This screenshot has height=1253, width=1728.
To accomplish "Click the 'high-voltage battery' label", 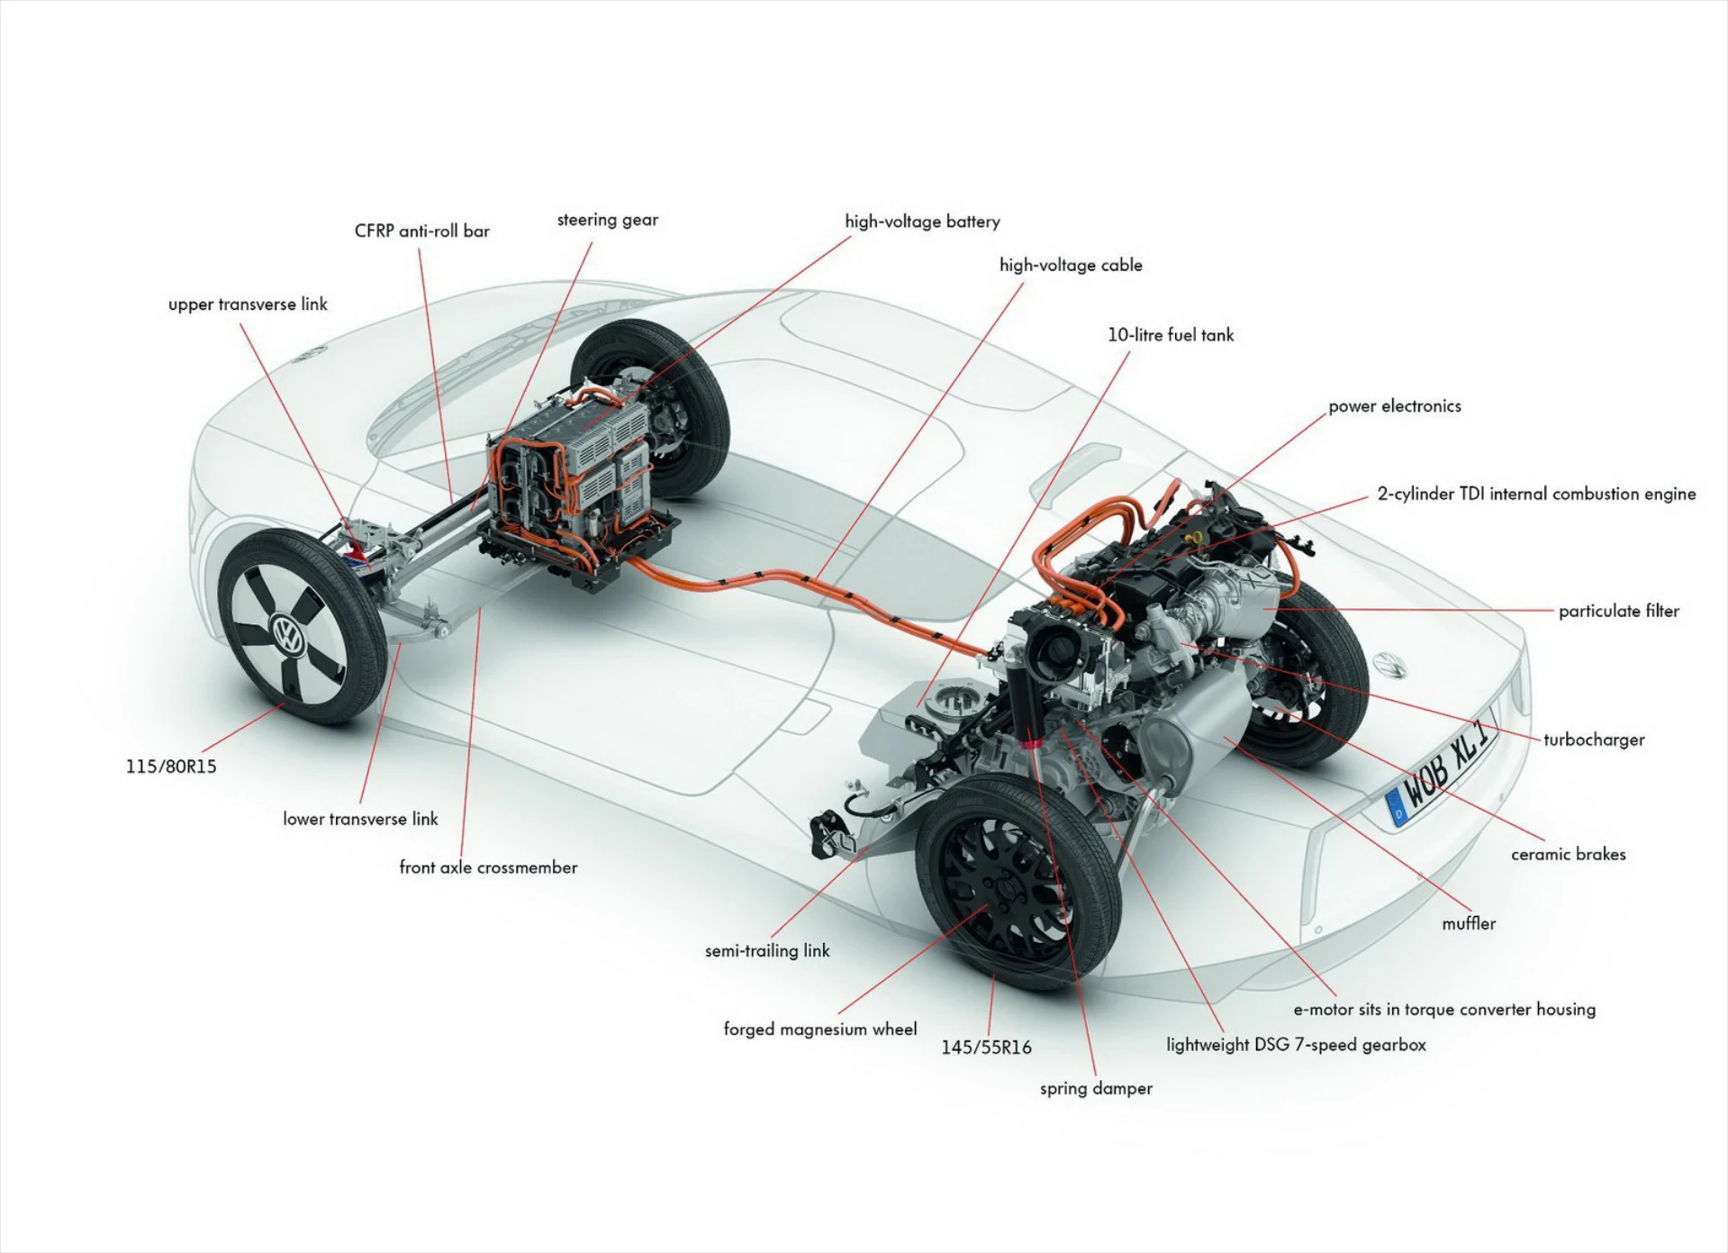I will pos(922,222).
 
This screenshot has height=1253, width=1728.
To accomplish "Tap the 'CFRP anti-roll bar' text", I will pos(421,232).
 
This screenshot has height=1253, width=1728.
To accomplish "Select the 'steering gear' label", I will pos(607,220).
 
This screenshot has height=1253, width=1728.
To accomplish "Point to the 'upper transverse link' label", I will pos(248,304).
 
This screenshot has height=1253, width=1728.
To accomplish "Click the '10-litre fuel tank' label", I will pos(1170,335).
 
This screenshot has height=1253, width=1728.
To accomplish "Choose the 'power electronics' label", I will pos(1394,406).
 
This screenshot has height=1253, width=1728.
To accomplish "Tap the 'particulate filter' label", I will pos(1618,611).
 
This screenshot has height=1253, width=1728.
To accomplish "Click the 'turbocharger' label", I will pos(1593,740).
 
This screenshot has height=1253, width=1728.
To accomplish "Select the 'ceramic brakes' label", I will pos(1568,854).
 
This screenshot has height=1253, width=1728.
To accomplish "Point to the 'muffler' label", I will pos(1468,923).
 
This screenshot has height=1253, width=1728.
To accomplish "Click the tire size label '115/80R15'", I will pos(171,767).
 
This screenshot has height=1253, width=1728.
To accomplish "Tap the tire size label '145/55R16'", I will pos(986,1048).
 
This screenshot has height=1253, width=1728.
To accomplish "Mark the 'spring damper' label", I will pos(1096,1088).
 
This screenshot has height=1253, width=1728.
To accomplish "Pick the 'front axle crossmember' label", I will pos(488,867).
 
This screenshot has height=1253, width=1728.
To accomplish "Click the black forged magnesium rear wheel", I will pos(1000,887).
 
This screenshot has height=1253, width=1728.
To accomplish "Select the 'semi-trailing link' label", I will pos(767,950).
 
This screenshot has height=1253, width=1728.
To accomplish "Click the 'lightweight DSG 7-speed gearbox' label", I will pos(1296,1045).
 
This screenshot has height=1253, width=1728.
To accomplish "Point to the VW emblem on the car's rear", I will pos(1389,666).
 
